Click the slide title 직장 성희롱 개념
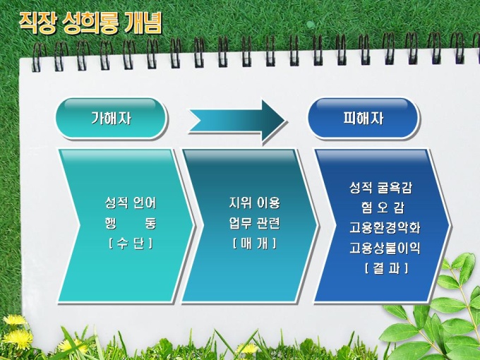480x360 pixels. tap(90, 23)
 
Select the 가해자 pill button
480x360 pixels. tap(111, 118)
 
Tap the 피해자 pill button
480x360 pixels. tap(363, 118)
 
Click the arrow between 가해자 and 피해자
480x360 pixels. tap(237, 121)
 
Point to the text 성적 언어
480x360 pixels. tap(131, 203)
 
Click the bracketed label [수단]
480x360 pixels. tap(131, 244)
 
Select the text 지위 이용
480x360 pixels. tap(254, 203)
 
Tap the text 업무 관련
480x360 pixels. tap(254, 223)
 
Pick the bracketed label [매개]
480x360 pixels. tap(254, 244)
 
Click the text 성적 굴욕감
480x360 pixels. tap(380, 188)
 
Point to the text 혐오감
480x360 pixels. tap(383, 208)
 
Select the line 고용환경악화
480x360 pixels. tap(385, 228)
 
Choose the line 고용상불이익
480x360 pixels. tap(385, 248)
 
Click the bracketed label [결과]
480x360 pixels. tap(386, 268)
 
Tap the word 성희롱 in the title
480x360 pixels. tap(90, 23)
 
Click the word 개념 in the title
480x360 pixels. tap(143, 23)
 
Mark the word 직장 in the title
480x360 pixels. tap(37, 23)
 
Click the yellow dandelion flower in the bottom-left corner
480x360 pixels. tap(15, 320)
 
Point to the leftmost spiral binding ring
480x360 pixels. tap(37, 56)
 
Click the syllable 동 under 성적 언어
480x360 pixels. tap(150, 223)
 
